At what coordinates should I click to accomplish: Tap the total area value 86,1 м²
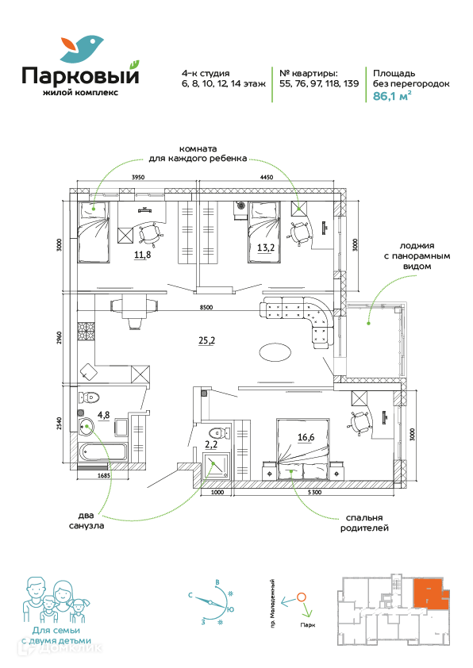(392, 96)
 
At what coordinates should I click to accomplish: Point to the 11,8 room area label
(142, 255)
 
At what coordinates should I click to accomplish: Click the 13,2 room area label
(265, 247)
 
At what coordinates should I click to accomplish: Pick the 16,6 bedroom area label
(306, 436)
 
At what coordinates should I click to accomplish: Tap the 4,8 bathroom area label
(104, 416)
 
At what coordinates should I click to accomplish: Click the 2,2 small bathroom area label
(211, 444)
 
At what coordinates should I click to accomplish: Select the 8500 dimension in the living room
(206, 307)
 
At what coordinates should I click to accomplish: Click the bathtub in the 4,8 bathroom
(102, 451)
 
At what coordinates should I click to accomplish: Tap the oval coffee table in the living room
(275, 353)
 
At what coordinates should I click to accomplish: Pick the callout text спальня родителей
(364, 523)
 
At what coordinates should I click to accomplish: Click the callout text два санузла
(87, 520)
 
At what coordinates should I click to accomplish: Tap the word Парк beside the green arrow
(307, 625)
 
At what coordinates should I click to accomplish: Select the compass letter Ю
(230, 609)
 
